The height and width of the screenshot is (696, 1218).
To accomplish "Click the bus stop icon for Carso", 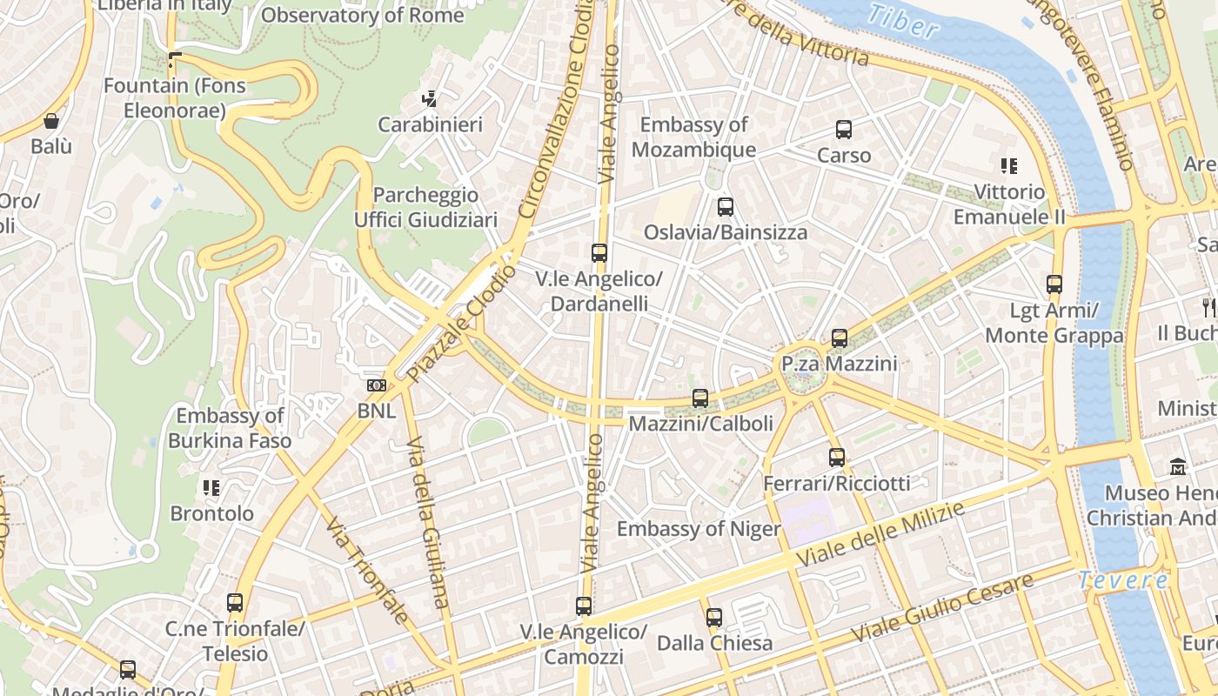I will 843,130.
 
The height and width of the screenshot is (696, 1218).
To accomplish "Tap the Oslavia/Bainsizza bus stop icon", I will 725,207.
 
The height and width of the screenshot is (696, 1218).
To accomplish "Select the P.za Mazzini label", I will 839,363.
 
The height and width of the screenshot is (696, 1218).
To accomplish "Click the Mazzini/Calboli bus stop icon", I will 699,398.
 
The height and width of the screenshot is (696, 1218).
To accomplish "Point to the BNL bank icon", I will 376,385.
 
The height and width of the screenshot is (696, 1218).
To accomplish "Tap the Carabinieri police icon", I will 429,100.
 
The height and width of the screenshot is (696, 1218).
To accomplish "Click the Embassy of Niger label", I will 699,529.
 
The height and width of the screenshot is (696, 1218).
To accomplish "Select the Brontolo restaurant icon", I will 211,488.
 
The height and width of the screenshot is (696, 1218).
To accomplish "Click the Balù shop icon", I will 51,121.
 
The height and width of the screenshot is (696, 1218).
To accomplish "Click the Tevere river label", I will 1123,580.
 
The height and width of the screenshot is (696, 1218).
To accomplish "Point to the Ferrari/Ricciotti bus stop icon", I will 836,458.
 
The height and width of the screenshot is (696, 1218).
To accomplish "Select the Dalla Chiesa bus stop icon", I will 713,618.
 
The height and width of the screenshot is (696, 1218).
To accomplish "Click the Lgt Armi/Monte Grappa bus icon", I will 1054,284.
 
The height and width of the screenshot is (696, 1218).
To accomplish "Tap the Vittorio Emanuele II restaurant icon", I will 1009,166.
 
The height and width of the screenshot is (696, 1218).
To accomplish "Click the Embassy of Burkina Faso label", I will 230,428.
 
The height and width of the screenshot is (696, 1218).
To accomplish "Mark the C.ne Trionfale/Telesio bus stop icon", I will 235,603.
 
